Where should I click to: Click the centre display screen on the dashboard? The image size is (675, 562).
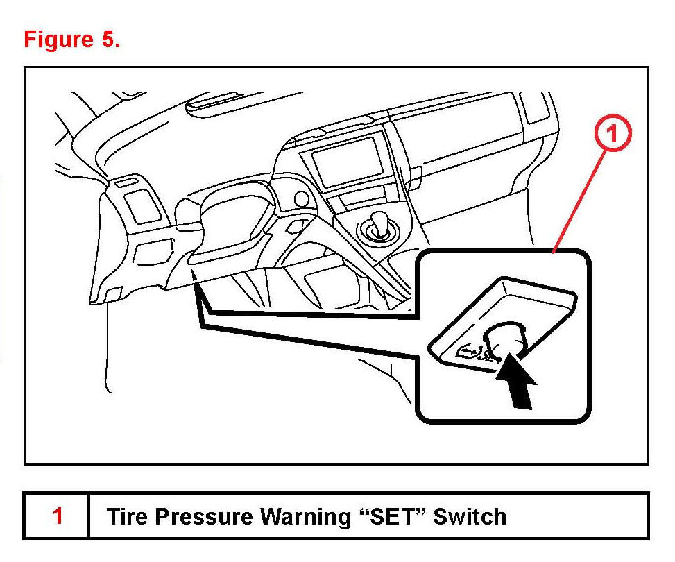[x=348, y=158]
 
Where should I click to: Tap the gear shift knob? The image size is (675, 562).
[x=378, y=225]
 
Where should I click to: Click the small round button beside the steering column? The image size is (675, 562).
[x=301, y=199]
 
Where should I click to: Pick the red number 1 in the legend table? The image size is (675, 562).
[x=58, y=516]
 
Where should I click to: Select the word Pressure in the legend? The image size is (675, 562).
[x=200, y=517]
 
